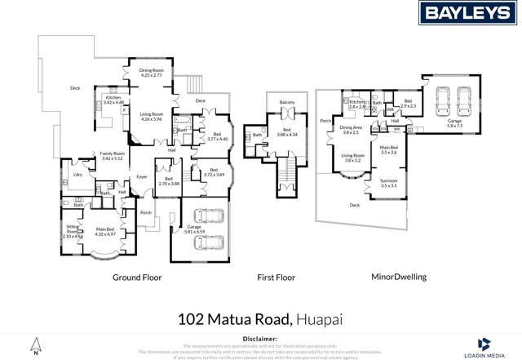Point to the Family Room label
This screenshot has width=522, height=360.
[x=112, y=155]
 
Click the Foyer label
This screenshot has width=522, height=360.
[x=141, y=176]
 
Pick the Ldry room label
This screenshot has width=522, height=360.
[x=77, y=174]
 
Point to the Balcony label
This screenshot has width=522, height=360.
[x=286, y=102]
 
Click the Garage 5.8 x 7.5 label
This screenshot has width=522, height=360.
[x=454, y=124]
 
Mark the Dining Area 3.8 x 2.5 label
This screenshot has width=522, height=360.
[x=350, y=130]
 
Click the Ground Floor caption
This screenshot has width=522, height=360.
[x=136, y=278]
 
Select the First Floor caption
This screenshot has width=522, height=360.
[x=276, y=278]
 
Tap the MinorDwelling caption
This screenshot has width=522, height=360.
[x=398, y=278]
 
